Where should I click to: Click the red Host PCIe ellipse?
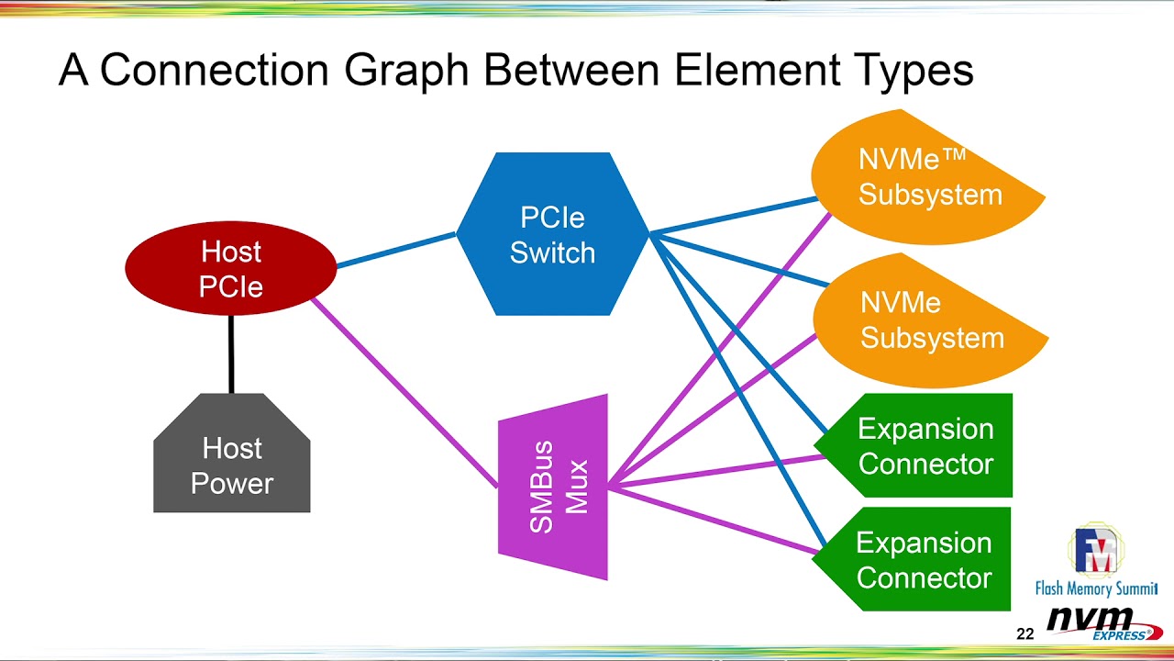(231, 268)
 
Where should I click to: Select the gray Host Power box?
(232, 464)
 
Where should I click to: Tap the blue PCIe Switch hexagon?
(552, 234)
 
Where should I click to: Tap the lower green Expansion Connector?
(920, 559)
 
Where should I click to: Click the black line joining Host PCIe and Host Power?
(231, 354)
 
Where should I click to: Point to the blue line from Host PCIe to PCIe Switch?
(396, 251)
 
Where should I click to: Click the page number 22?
(1024, 633)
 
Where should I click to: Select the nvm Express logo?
(1099, 622)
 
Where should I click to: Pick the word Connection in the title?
(213, 71)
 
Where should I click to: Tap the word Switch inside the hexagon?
(552, 252)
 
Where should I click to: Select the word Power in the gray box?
(232, 484)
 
